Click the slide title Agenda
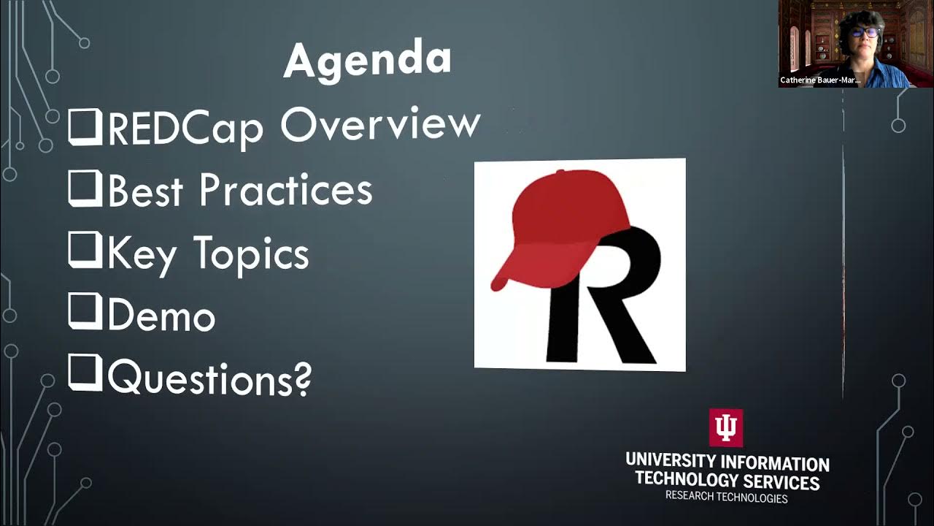click(367, 60)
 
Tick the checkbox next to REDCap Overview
click(85, 126)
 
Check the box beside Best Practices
click(85, 188)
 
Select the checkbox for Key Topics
click(85, 251)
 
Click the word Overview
click(380, 126)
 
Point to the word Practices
click(285, 190)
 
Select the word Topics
click(251, 255)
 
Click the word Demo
click(161, 316)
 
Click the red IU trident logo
click(725, 427)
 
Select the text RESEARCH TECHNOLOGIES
click(726, 498)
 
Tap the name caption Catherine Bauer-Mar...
click(819, 80)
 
